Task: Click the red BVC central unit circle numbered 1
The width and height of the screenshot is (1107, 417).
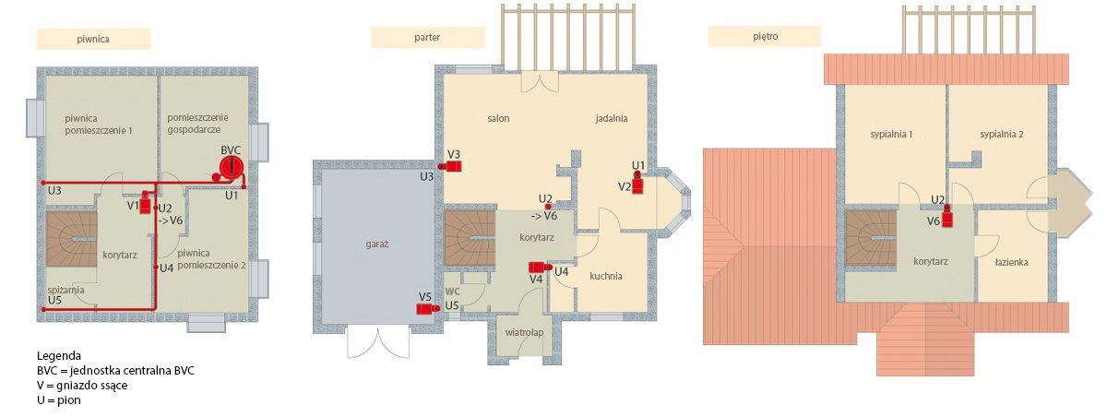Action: [232, 166]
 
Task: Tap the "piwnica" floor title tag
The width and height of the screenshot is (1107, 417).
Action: [93, 39]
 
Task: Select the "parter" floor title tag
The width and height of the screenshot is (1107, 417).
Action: [427, 37]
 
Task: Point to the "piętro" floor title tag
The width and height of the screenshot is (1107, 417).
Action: [765, 36]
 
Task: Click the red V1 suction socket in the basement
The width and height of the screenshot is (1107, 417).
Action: [145, 203]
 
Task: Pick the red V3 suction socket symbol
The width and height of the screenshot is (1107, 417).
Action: [451, 166]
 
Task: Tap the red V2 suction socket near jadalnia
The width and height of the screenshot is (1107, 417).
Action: [637, 184]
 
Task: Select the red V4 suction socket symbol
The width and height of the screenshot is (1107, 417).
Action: [541, 268]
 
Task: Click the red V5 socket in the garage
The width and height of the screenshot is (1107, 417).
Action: [428, 309]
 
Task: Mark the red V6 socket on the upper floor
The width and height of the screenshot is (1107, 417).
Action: [946, 217]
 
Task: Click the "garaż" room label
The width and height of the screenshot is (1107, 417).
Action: [377, 244]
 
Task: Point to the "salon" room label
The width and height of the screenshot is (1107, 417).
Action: [498, 119]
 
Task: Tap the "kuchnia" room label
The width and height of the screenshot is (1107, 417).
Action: [606, 276]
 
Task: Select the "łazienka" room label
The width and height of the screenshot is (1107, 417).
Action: [1012, 262]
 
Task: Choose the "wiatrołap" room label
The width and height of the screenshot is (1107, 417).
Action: [524, 332]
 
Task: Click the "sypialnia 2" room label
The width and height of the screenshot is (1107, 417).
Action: [1002, 135]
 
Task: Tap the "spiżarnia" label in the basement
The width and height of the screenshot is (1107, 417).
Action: [65, 290]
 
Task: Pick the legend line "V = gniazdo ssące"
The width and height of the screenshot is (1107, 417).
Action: [82, 386]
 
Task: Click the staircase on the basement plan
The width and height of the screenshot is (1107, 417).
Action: [71, 240]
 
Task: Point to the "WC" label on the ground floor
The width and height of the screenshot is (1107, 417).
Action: [453, 291]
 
